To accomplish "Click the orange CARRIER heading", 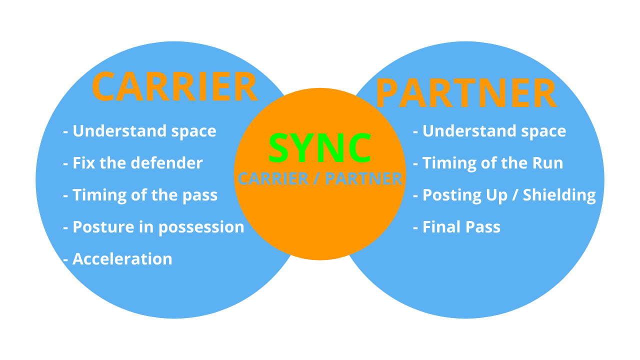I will click(x=174, y=87).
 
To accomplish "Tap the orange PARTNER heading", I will click(x=466, y=93).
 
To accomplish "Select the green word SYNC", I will click(x=320, y=148).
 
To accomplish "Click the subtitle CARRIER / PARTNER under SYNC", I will click(x=320, y=179).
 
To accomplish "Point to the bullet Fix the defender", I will click(x=133, y=163).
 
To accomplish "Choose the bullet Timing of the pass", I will click(x=140, y=195).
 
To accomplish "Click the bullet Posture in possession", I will click(x=154, y=227).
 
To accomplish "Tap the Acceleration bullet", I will click(x=118, y=259).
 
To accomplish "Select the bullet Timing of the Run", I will click(x=488, y=163).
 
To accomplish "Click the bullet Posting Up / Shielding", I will click(x=504, y=195).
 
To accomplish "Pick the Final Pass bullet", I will click(x=457, y=227).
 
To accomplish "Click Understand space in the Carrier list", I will click(x=140, y=131).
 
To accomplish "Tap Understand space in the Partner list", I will click(x=489, y=131).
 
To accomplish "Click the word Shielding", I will click(x=559, y=195).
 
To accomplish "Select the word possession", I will click(x=201, y=227).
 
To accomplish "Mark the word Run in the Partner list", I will click(x=548, y=163).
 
